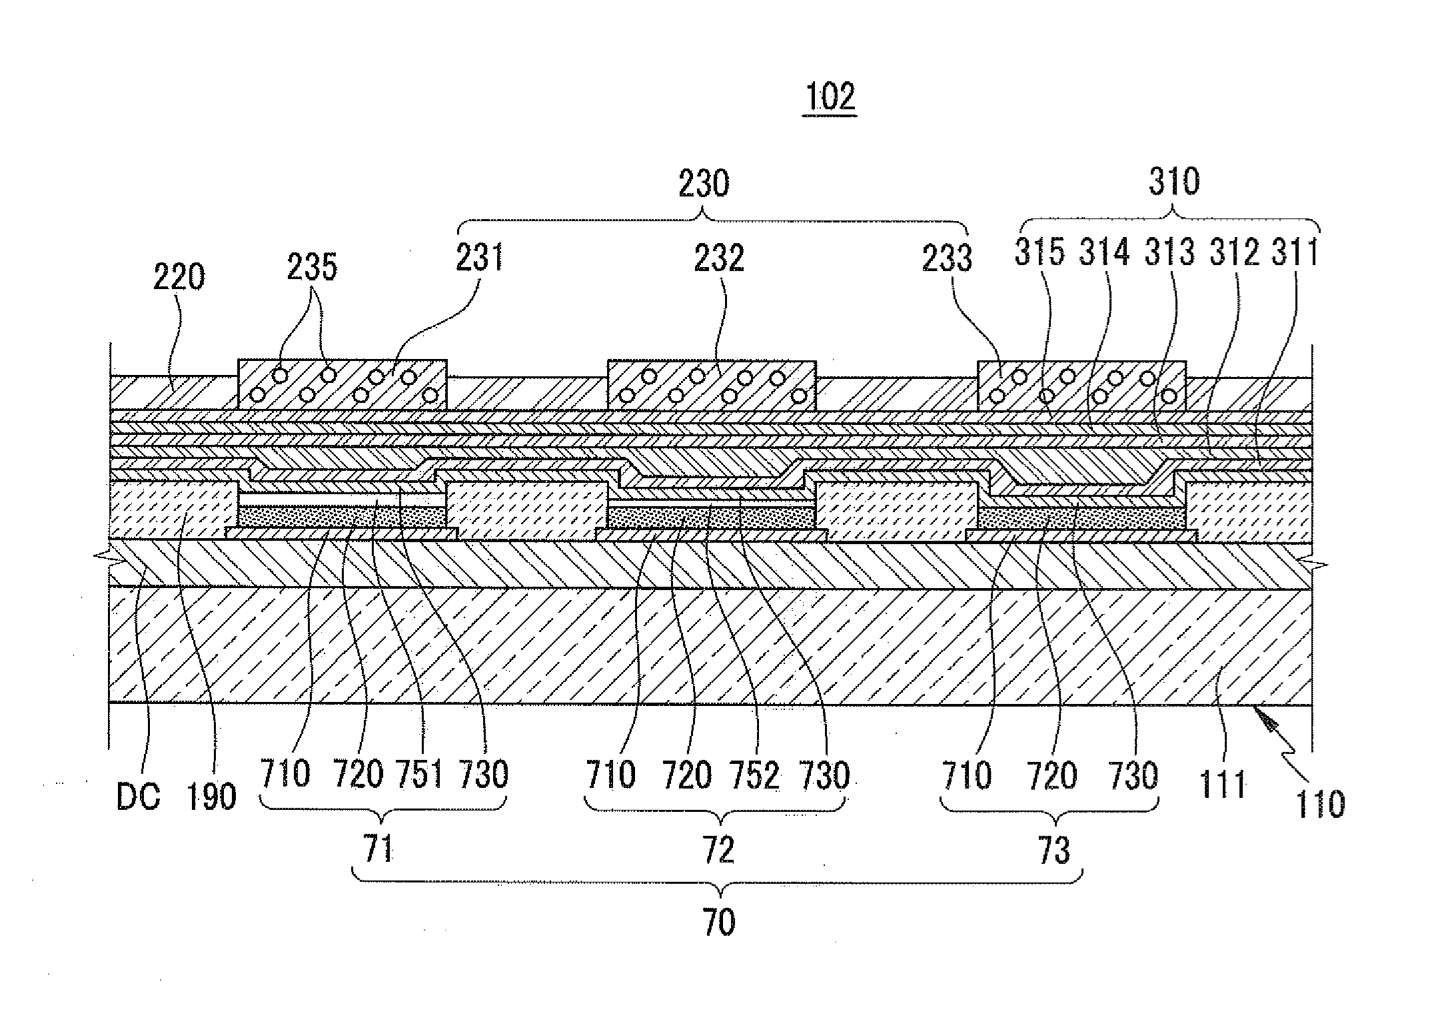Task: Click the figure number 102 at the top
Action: (830, 97)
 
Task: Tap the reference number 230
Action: (704, 183)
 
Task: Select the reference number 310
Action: (1174, 181)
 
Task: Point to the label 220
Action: (179, 277)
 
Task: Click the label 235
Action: (312, 268)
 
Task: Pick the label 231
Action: (479, 258)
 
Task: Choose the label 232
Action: (718, 258)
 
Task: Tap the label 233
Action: (947, 258)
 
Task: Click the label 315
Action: (1039, 253)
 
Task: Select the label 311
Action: (1295, 253)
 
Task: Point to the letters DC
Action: (139, 797)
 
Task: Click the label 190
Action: (211, 797)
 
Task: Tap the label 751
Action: (420, 775)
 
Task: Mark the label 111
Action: (1223, 785)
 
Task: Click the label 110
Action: (1320, 804)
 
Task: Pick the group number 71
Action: (380, 850)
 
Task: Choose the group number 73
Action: (1054, 850)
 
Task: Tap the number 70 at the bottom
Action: (718, 923)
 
